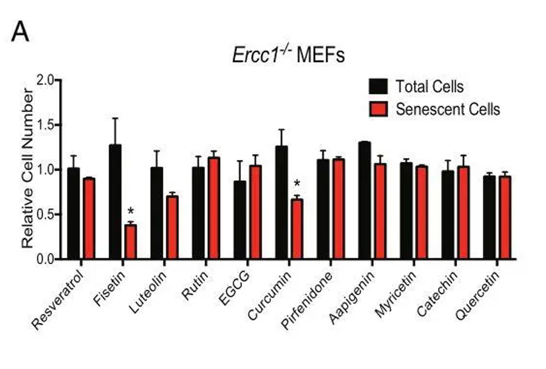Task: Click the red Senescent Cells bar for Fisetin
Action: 131,242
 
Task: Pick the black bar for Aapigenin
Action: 364,200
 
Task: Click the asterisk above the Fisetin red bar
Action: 131,211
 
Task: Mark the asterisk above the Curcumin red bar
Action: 297,184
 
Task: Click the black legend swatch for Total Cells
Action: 378,86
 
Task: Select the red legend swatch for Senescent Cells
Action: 378,109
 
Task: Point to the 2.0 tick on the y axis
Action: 47,81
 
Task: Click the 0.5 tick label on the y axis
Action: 47,215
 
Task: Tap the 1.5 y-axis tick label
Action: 47,125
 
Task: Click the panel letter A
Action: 20,32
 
